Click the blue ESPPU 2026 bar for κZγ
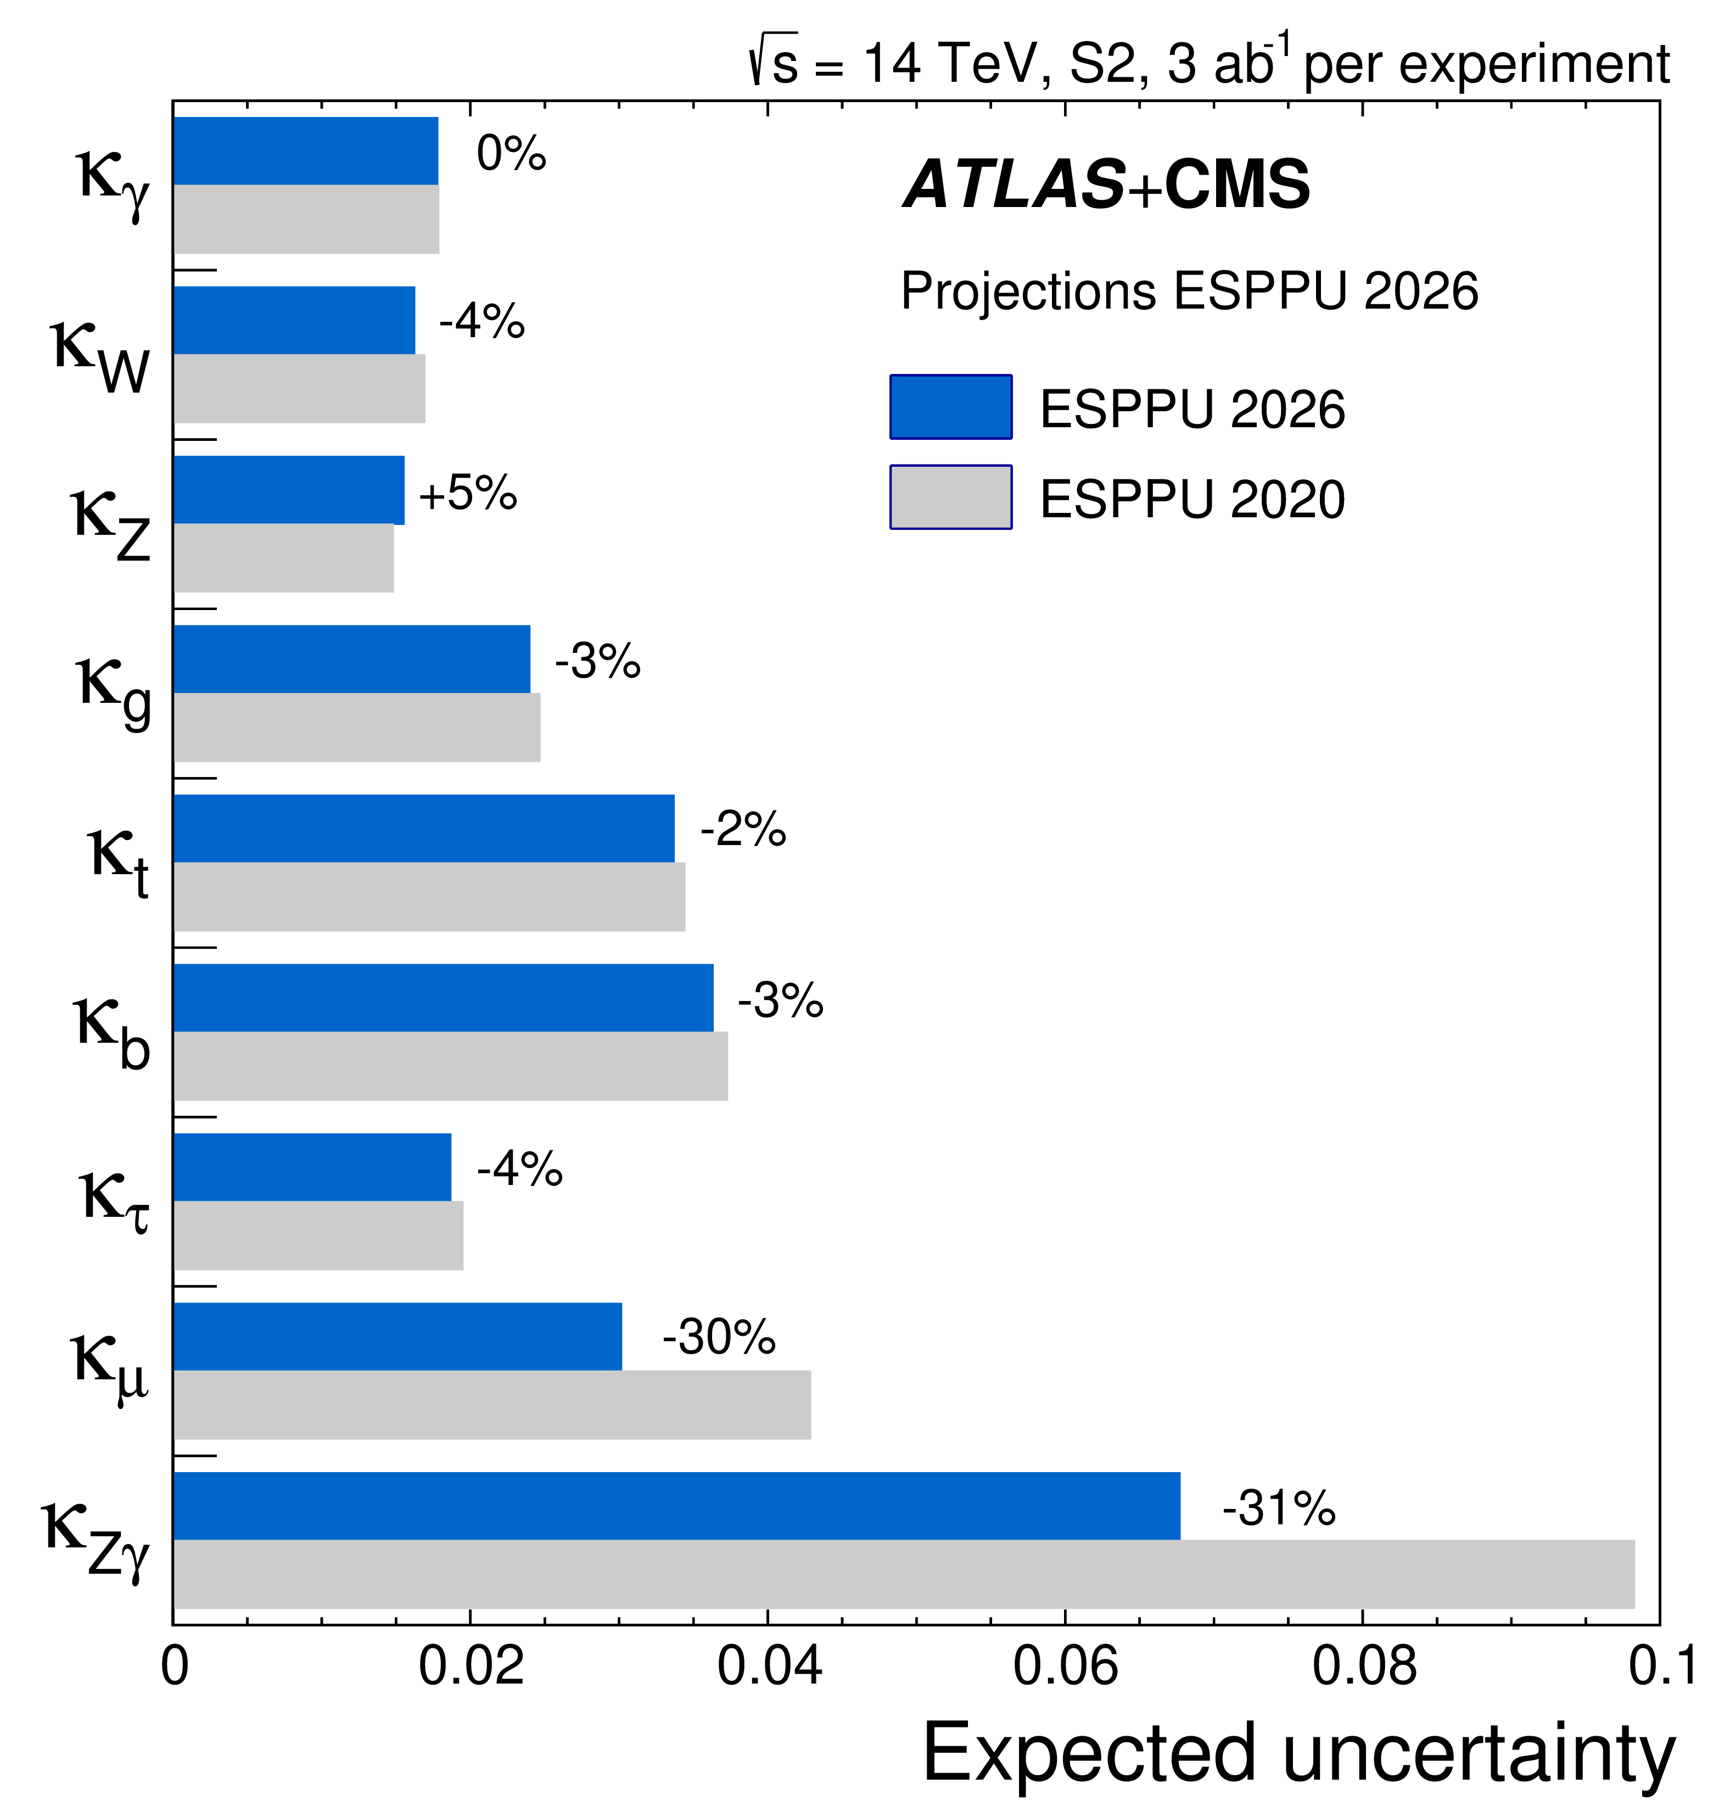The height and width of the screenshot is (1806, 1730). click(x=677, y=1506)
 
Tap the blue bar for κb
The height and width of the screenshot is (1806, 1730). click(x=443, y=998)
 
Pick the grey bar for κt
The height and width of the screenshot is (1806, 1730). click(x=429, y=897)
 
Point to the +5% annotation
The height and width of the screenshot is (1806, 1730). click(x=468, y=493)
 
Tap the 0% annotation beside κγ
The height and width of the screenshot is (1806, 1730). click(x=511, y=153)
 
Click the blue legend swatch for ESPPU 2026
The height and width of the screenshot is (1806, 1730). click(x=951, y=406)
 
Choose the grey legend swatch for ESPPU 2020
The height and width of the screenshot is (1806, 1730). click(x=951, y=496)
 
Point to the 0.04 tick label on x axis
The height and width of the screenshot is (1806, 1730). click(x=769, y=1666)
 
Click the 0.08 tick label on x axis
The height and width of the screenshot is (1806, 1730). click(x=1363, y=1666)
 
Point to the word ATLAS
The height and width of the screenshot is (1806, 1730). click(x=1014, y=184)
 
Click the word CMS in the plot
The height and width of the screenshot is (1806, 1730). click(x=1236, y=184)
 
